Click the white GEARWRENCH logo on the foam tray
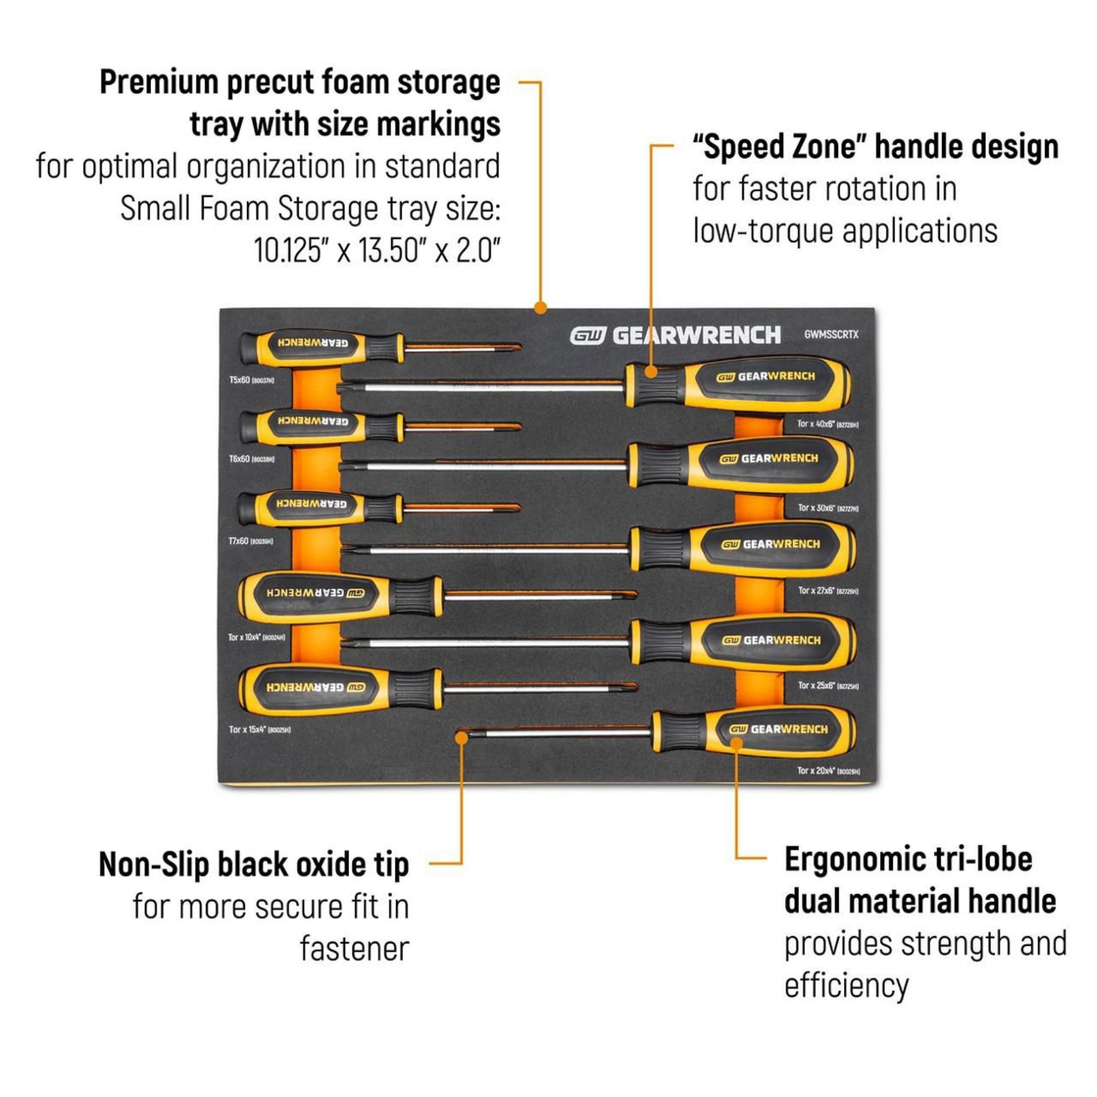(675, 335)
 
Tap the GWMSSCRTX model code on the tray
(831, 335)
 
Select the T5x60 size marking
(251, 380)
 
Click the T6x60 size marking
(251, 459)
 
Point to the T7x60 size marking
(250, 541)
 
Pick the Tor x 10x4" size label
(256, 637)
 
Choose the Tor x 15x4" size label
(260, 730)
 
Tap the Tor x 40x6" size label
(828, 424)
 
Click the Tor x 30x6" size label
(828, 508)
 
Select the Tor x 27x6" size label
(828, 591)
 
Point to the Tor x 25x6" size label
(828, 686)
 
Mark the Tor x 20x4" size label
(828, 771)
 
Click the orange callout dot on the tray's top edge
(540, 308)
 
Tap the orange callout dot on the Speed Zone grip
(651, 371)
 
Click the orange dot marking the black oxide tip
(461, 738)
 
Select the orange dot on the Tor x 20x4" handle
(736, 743)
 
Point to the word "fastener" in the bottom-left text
(354, 949)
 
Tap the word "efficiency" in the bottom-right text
(846, 985)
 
